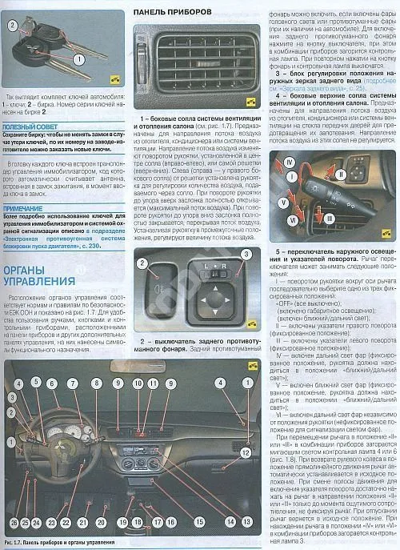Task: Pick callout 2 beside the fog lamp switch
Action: (142, 264)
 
